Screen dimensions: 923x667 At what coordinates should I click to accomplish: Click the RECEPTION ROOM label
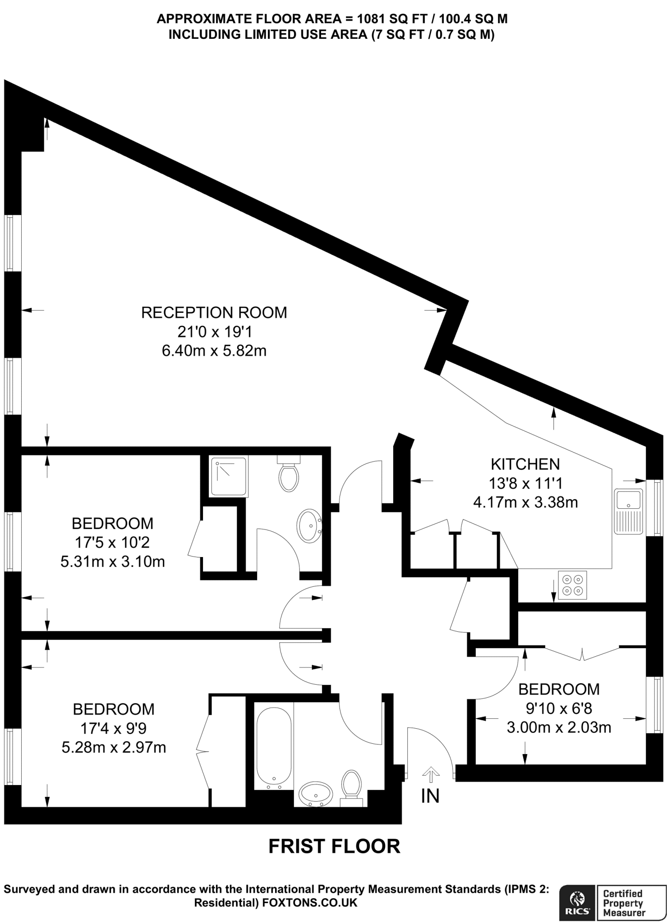pos(214,313)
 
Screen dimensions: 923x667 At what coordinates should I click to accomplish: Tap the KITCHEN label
pos(525,464)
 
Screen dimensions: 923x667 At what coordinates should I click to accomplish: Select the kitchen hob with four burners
pos(572,585)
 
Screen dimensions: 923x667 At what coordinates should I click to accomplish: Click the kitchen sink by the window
pos(629,512)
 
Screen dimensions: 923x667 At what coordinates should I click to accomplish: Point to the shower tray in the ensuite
pos(229,477)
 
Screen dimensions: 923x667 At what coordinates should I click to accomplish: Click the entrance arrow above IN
pos(430,775)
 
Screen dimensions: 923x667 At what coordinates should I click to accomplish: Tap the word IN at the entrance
pos(430,796)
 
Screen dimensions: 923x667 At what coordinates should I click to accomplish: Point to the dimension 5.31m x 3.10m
pos(113,562)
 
